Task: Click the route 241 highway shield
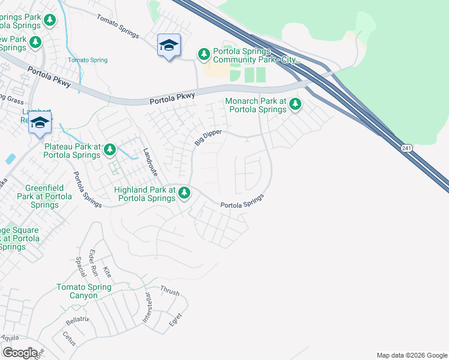coord(408,148)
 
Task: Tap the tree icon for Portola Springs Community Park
coord(204,55)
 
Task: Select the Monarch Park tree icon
coord(295,105)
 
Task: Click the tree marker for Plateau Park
coord(109,149)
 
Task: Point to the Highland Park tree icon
coord(184,193)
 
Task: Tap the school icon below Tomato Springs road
coord(169,45)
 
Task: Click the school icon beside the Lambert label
coord(40,123)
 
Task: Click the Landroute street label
coord(149,161)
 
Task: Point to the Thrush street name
coord(169,290)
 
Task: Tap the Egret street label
coord(175,319)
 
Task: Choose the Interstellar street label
coord(148,308)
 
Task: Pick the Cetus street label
coord(70,337)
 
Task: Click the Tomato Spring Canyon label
coord(84,291)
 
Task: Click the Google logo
coord(20,353)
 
